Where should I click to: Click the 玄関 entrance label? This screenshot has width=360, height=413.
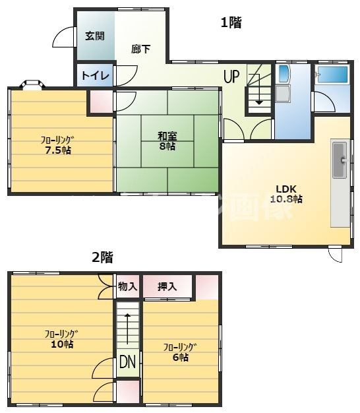pos(95,36)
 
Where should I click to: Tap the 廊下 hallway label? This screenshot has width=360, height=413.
pos(141,49)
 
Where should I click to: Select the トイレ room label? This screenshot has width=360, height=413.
pos(95,76)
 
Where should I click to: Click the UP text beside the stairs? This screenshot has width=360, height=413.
pos(231,77)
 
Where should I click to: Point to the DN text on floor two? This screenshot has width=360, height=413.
pos(128,362)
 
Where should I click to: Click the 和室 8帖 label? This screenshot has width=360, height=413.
pos(167,141)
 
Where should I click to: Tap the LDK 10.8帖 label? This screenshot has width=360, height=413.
pos(286,194)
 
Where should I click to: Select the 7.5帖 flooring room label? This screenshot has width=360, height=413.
pos(57,145)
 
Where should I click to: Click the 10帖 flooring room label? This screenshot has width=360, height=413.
pos(61,339)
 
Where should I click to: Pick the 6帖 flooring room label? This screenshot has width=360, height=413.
pos(180,352)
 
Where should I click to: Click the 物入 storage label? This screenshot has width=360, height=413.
pos(128,286)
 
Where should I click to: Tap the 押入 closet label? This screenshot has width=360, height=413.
pos(167,286)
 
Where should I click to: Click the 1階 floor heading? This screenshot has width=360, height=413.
pos(231,22)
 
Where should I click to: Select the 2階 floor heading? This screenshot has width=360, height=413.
pos(102,257)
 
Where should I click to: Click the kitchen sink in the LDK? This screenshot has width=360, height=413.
pos(340,160)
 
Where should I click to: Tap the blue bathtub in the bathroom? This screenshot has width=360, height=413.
pos(332,75)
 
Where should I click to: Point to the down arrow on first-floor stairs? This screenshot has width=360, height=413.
pos(259,90)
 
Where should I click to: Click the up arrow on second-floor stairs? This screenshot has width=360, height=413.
pos(127,329)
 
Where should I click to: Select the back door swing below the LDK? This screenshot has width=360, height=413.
pos(336,254)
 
